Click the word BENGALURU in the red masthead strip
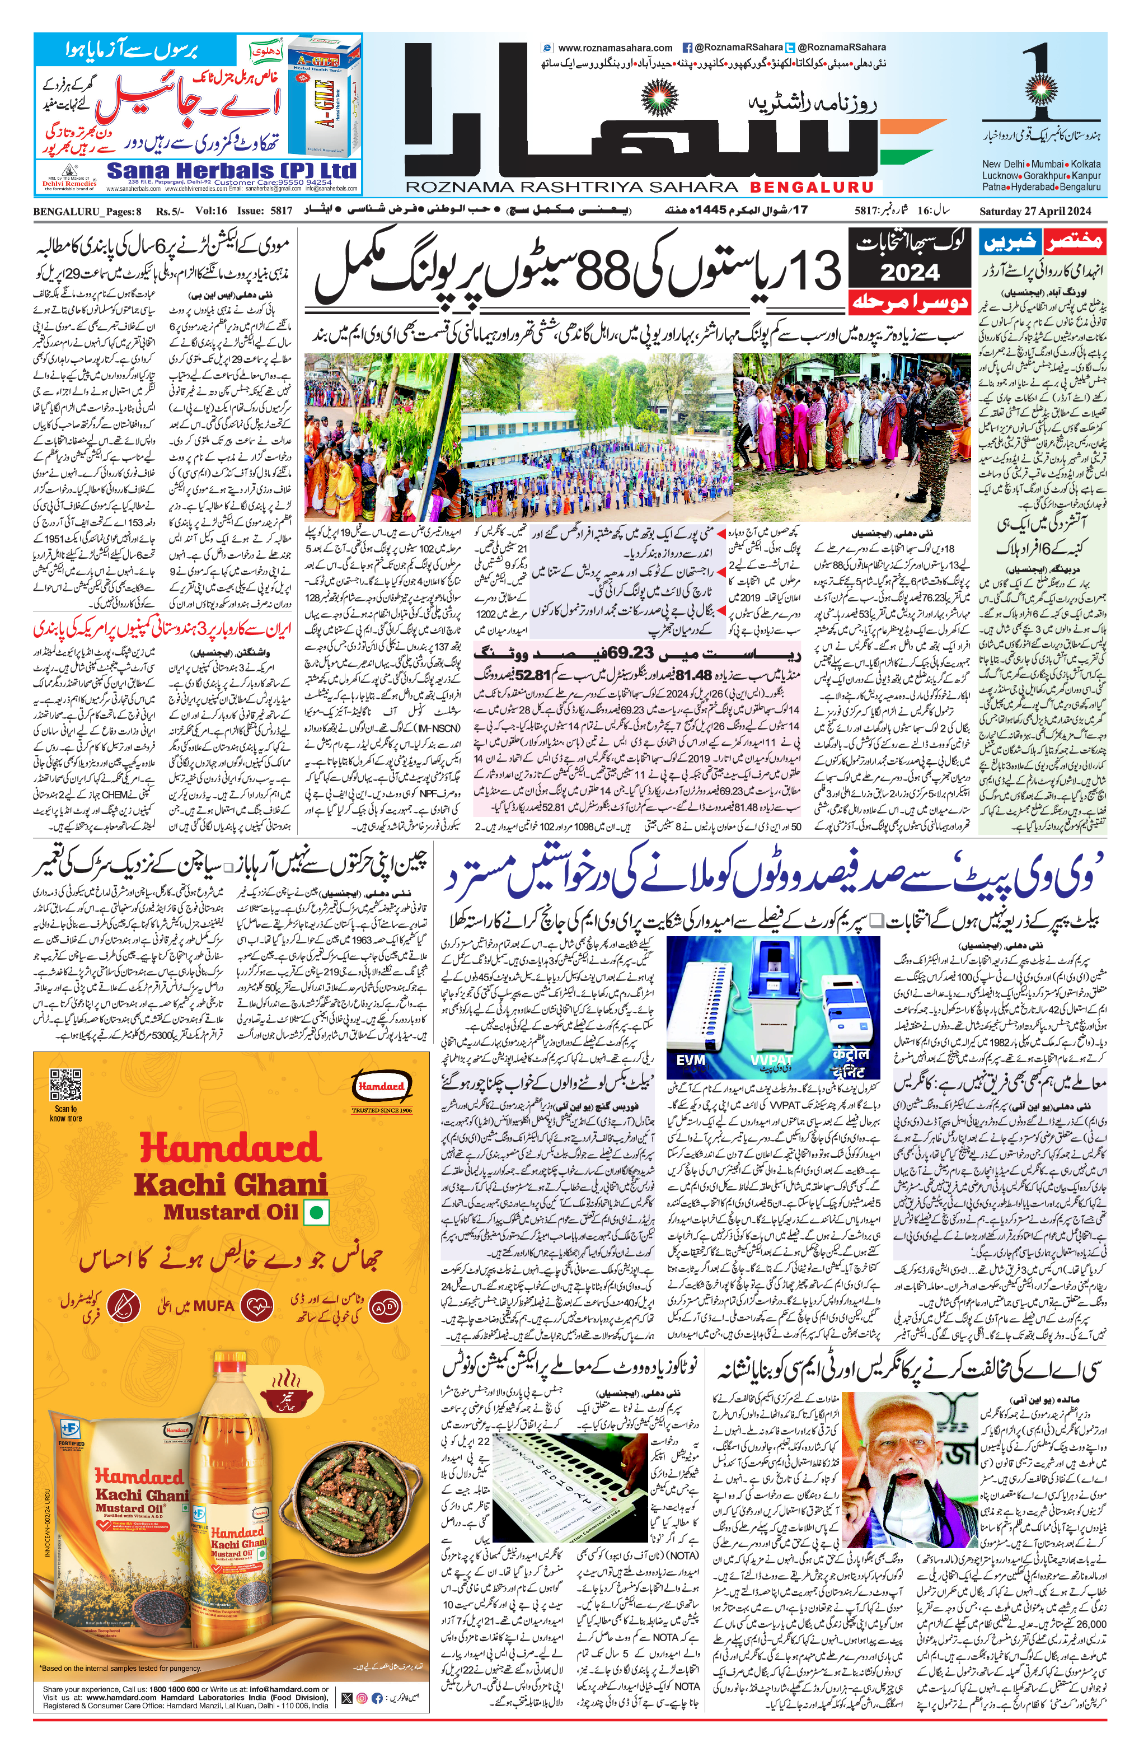coord(811,187)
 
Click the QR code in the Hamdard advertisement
coord(65,1086)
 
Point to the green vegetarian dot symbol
coord(317,1211)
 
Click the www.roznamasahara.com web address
coord(615,47)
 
